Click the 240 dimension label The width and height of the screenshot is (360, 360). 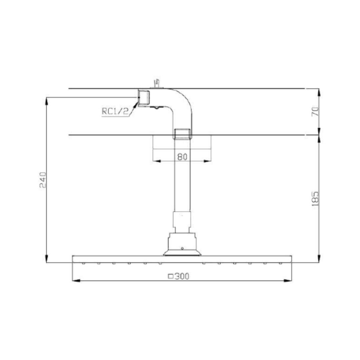coord(43,180)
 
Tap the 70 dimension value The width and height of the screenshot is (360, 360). coord(315,112)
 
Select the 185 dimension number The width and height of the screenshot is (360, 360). coord(315,199)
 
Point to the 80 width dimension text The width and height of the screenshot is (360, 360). coord(182,157)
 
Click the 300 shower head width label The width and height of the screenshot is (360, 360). coord(182,276)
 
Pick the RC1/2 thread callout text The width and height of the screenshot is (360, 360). coord(115,111)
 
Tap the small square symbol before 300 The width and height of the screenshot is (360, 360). coord(171,276)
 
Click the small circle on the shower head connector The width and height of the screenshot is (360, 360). coord(182,248)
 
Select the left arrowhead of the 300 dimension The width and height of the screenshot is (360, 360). coord(76,280)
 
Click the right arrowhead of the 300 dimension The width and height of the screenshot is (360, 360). coord(288,280)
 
